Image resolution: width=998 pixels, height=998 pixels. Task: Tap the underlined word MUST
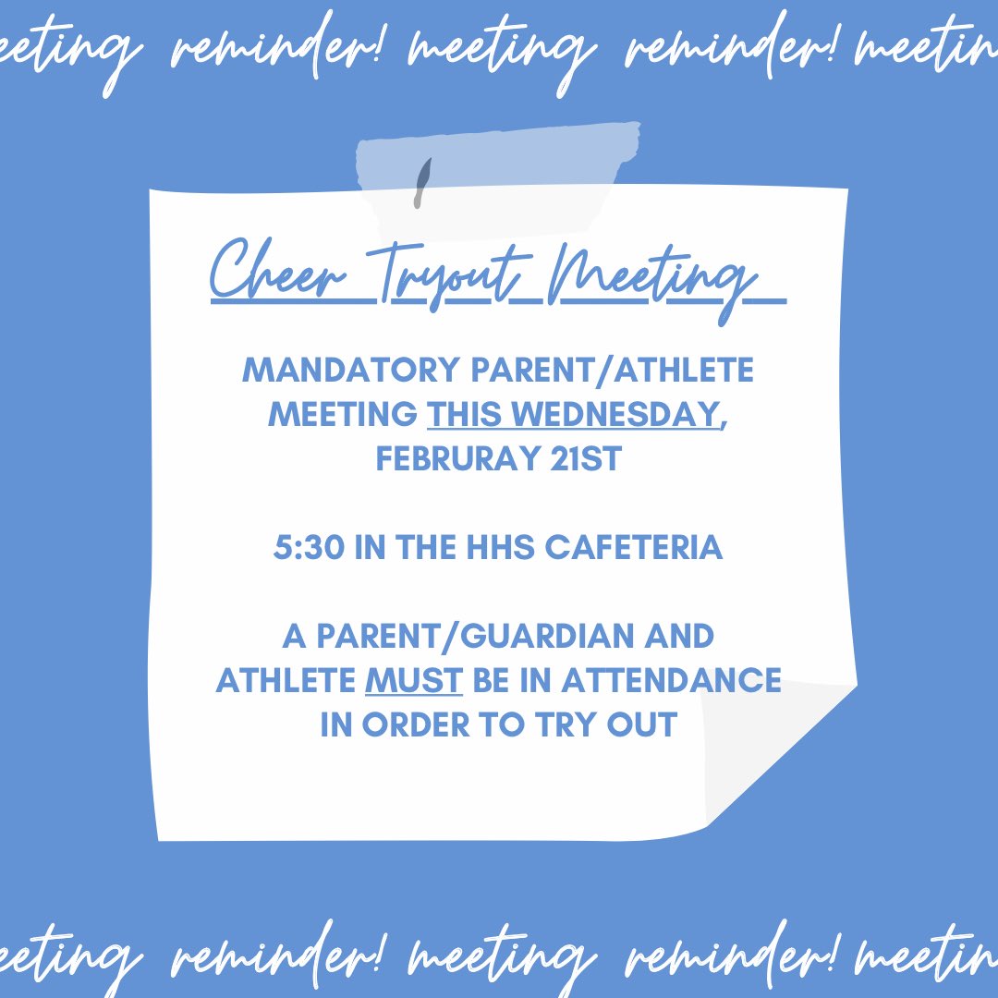tap(414, 681)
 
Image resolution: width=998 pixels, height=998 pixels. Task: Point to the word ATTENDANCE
tap(671, 681)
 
